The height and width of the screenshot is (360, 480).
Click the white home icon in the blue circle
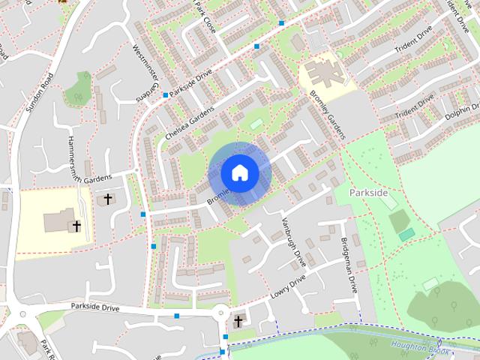click(240, 172)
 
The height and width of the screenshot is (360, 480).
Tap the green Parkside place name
click(370, 193)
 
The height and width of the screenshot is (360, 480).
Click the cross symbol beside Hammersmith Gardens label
click(108, 199)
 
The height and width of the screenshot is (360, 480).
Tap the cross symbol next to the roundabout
click(238, 321)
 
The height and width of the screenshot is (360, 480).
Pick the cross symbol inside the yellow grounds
click(76, 225)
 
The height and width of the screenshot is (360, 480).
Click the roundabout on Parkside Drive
click(220, 313)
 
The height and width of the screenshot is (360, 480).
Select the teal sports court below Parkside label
click(406, 234)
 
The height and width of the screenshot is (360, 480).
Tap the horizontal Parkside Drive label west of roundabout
click(96, 307)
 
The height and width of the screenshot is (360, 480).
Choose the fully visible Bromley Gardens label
click(326, 114)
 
